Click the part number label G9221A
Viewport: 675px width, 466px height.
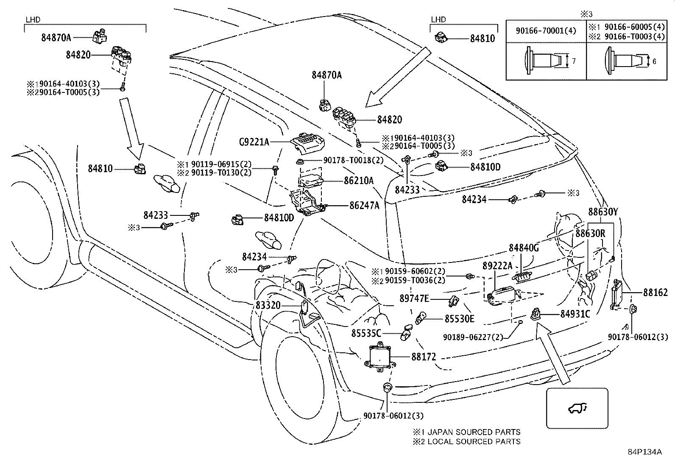tap(254, 142)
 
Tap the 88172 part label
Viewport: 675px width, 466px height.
tap(424, 357)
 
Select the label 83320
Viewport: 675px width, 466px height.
tap(268, 305)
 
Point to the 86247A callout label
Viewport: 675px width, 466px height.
tap(364, 206)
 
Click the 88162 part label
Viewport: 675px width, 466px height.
tap(655, 293)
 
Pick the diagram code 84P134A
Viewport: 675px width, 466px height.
tap(644, 452)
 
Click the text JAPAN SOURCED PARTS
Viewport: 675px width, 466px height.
tap(474, 432)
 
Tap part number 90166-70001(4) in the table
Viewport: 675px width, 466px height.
tap(546, 31)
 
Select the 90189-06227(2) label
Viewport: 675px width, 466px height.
tap(473, 337)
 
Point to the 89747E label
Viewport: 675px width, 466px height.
tap(414, 299)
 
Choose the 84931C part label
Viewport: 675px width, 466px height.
tap(575, 314)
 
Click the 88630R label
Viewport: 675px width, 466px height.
tap(590, 233)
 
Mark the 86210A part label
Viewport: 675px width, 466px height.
tap(359, 181)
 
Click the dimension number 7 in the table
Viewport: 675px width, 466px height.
tap(573, 61)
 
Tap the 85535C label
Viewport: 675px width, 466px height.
tap(366, 333)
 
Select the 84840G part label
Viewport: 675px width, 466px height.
tap(524, 248)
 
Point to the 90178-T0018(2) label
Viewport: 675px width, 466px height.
tap(354, 160)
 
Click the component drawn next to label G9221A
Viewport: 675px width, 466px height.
tap(308, 143)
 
